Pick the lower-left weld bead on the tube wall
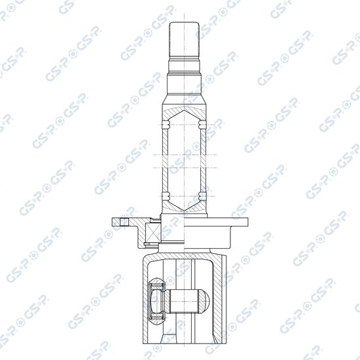pos(166,195)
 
